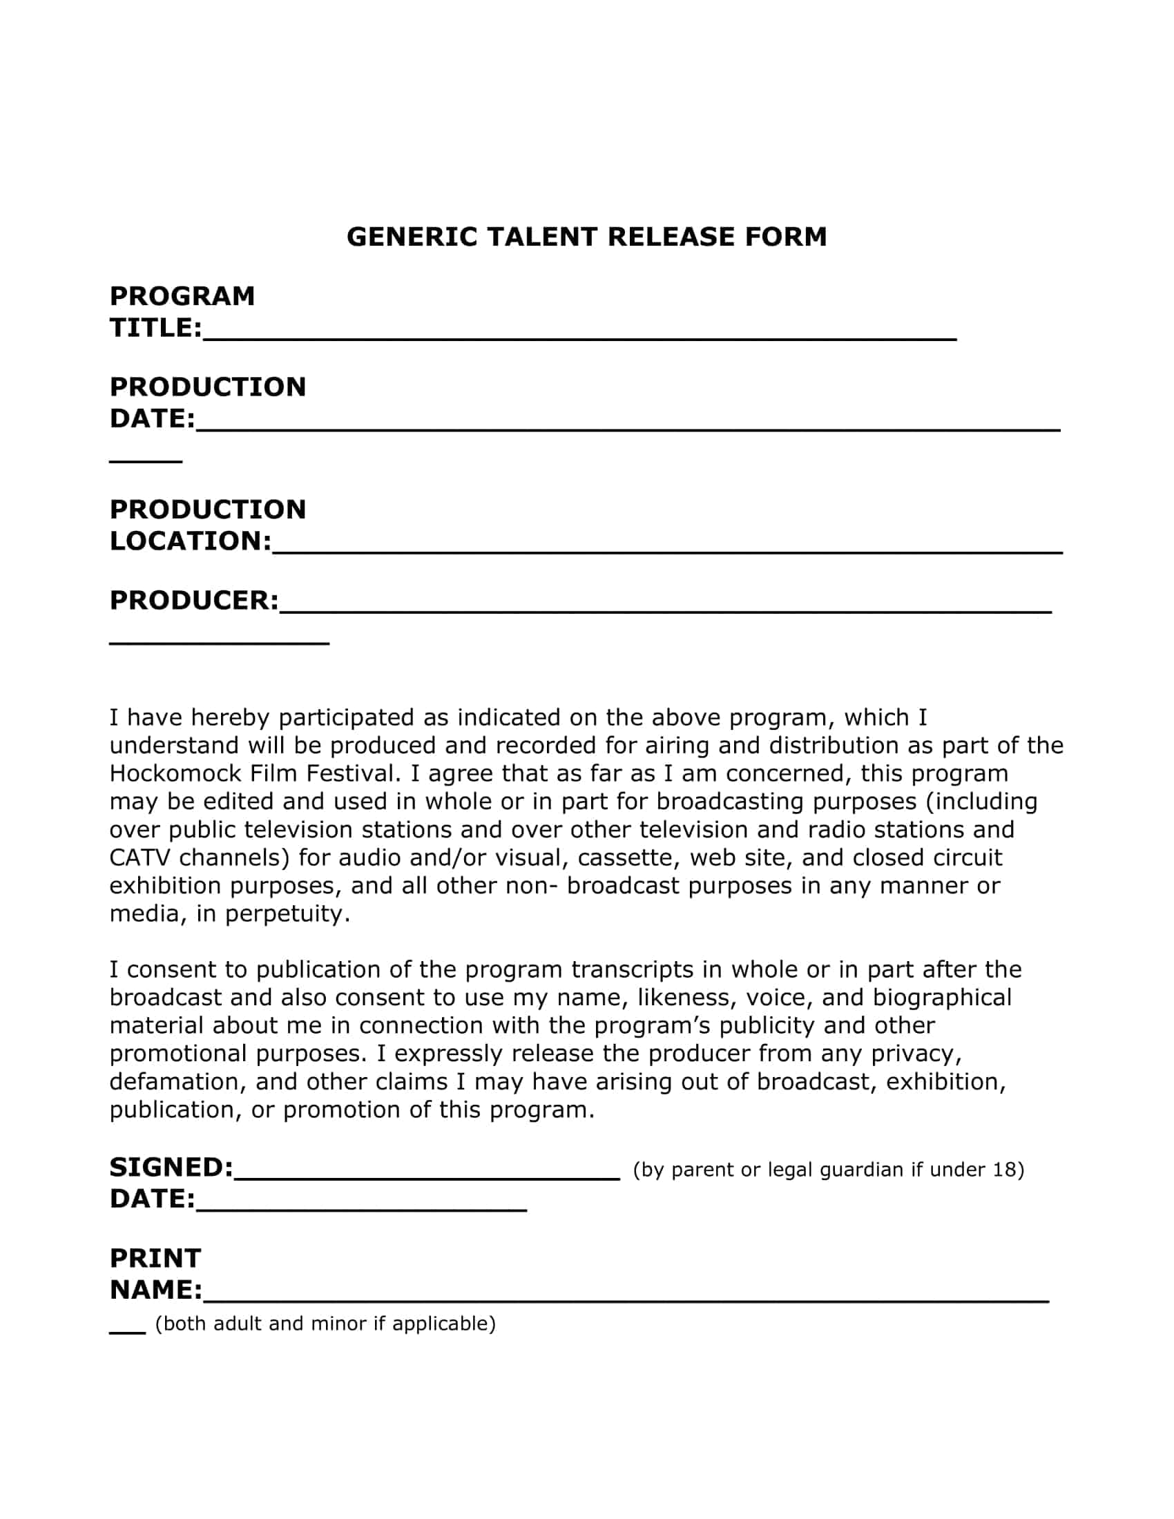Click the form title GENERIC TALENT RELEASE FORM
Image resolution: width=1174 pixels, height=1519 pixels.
point(586,237)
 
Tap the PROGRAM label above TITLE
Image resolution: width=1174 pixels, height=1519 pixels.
point(182,296)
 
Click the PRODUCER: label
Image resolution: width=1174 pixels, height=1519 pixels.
point(194,600)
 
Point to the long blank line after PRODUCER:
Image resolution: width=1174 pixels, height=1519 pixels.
point(665,608)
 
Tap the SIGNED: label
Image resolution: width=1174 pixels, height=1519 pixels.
point(171,1168)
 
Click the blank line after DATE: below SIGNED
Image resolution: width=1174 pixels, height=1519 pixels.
point(361,1208)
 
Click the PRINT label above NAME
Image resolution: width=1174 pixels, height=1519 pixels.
point(155,1258)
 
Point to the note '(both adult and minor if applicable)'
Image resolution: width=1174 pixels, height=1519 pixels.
point(325,1324)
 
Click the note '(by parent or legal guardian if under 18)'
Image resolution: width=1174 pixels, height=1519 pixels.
point(828,1170)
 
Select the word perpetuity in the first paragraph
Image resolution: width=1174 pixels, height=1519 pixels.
point(287,914)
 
